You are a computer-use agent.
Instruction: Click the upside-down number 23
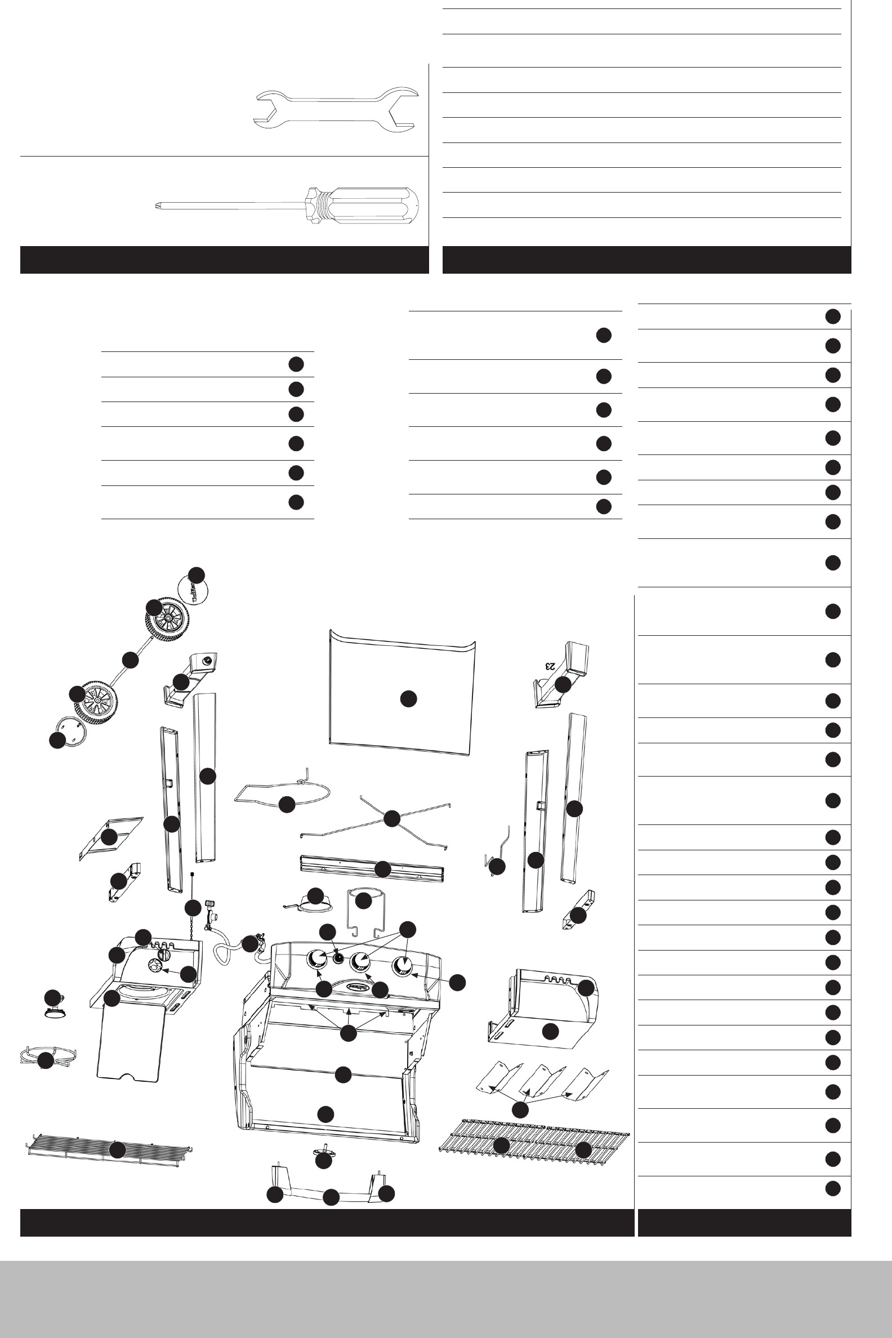[550, 666]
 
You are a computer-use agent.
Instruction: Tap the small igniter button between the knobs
[339, 957]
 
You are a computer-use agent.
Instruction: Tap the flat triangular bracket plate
[111, 836]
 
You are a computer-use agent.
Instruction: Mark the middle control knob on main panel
[360, 961]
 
